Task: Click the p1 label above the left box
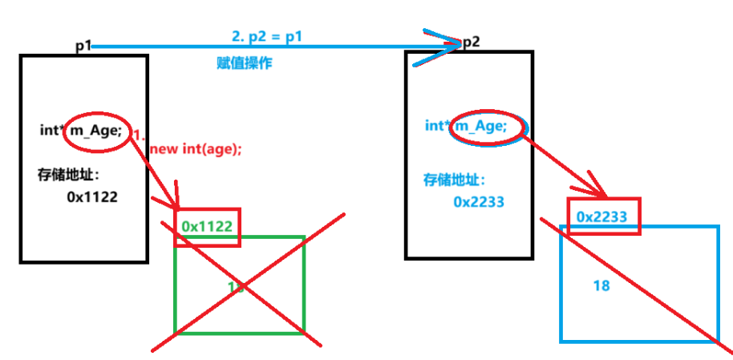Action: coord(84,47)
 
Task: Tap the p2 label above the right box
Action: coord(472,42)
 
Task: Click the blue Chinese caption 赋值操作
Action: coord(245,63)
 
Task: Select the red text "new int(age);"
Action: coord(196,148)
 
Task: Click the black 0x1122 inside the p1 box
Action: coord(92,196)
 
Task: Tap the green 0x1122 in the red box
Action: coord(207,227)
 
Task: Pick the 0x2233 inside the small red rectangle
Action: coord(601,216)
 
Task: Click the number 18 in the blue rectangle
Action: coord(601,285)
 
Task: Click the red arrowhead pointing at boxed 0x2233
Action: coord(597,192)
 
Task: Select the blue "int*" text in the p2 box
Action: coord(437,126)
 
